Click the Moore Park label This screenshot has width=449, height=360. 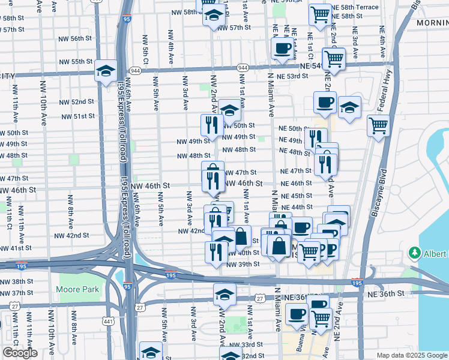[73, 290]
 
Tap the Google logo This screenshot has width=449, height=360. [20, 353]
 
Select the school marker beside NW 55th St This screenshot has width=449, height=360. [106, 73]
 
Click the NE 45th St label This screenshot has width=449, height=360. [296, 196]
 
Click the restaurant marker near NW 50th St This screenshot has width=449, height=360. [211, 125]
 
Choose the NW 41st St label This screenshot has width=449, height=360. [16, 248]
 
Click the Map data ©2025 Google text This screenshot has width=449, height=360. [411, 355]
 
